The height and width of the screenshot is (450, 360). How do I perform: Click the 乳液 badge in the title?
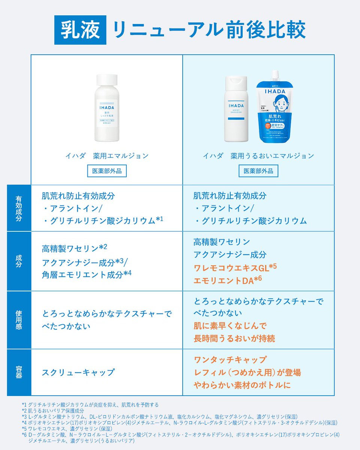(80, 30)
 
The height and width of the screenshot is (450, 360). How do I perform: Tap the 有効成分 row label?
(19, 208)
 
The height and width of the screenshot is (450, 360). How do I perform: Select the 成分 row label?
(19, 261)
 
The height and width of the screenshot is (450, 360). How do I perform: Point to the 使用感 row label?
(19, 320)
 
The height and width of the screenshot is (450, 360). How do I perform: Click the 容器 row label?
(19, 372)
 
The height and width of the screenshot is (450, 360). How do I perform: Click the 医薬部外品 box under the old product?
(107, 171)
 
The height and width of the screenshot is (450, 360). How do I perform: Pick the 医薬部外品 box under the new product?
(258, 171)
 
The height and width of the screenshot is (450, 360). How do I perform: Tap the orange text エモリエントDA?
(227, 280)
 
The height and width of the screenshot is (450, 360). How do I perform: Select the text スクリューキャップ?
(78, 373)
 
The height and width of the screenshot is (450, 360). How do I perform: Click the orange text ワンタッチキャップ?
(230, 360)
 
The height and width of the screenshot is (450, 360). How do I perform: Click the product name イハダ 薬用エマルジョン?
(107, 156)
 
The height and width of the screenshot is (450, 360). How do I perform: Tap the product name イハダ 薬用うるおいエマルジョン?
(258, 156)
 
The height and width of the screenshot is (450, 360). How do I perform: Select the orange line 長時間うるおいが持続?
(234, 339)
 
